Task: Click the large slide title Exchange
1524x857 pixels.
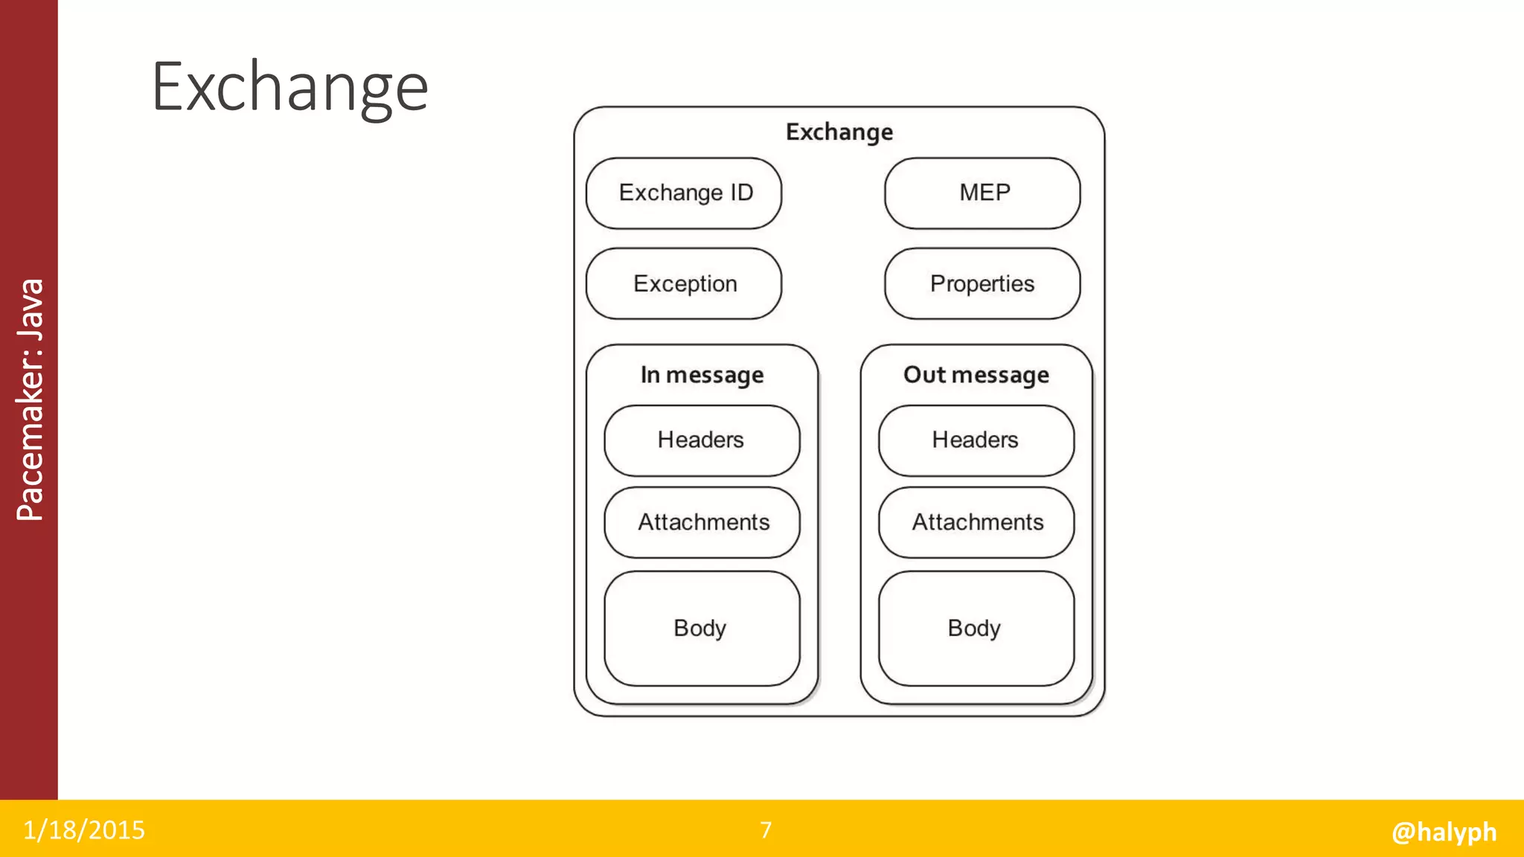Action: (x=289, y=88)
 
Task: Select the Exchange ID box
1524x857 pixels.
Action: (x=683, y=193)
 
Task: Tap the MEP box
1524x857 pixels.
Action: (x=982, y=193)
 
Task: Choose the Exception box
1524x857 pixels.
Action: (x=683, y=283)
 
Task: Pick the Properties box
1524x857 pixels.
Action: (x=982, y=283)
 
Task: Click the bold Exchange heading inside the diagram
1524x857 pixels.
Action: (x=839, y=132)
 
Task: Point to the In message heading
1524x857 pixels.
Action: (x=702, y=375)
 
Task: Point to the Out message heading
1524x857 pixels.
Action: (x=976, y=375)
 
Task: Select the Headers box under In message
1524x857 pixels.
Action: (x=702, y=440)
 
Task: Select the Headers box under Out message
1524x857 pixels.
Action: (x=976, y=440)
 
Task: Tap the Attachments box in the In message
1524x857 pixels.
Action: (x=702, y=522)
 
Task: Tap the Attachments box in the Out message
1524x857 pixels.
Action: (x=976, y=522)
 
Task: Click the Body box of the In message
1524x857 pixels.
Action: (x=702, y=629)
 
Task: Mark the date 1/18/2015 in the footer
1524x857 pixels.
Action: (x=84, y=830)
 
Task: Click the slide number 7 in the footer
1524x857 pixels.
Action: (x=766, y=830)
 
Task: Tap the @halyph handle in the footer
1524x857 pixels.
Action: (x=1444, y=832)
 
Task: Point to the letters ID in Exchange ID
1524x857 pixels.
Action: (x=741, y=193)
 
